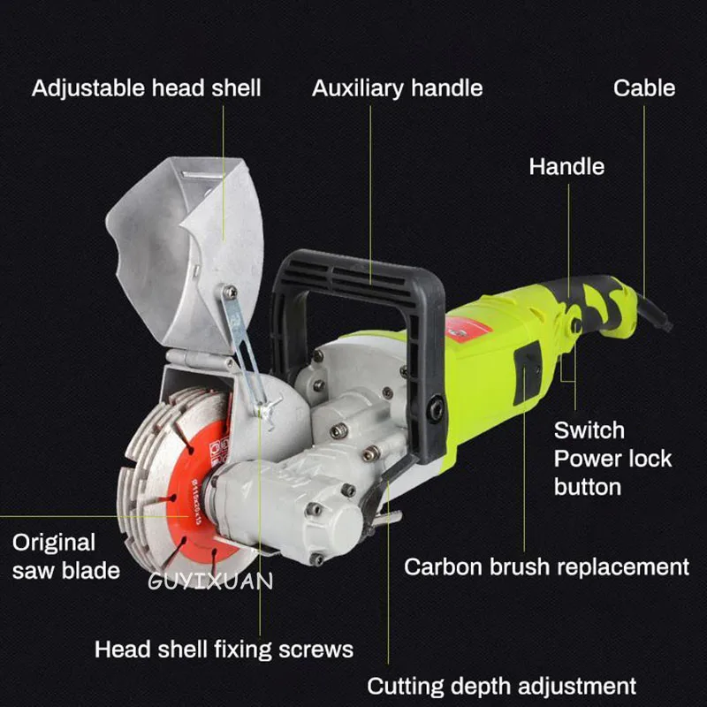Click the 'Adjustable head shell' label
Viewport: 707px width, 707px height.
click(x=147, y=88)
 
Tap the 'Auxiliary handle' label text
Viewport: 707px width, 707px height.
click(x=397, y=88)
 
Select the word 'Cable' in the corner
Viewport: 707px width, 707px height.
click(x=644, y=88)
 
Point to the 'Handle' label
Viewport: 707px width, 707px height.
click(x=566, y=166)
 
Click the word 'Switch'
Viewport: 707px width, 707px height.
click(x=589, y=430)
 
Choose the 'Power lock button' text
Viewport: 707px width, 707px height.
click(x=612, y=473)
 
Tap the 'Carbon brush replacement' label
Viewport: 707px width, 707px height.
click(x=546, y=566)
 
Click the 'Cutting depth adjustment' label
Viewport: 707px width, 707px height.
click(x=501, y=686)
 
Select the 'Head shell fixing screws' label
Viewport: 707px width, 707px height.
click(x=224, y=650)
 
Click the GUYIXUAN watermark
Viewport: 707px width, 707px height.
click(x=210, y=581)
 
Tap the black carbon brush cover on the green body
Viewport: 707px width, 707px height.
click(x=528, y=372)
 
